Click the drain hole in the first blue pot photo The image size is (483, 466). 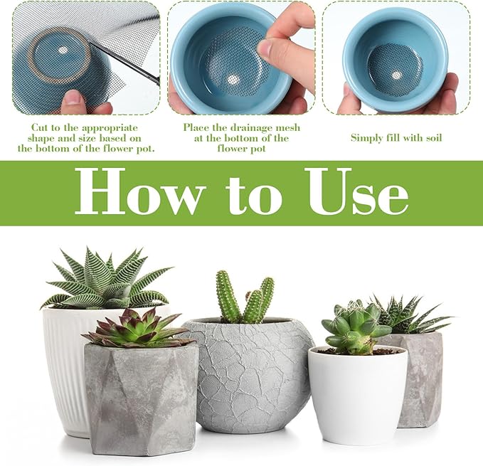(63, 50)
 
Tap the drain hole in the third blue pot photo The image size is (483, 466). (397, 75)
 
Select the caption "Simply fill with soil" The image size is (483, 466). (396, 138)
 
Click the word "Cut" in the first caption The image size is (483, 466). (38, 127)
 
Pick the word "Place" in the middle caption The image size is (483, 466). (195, 127)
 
